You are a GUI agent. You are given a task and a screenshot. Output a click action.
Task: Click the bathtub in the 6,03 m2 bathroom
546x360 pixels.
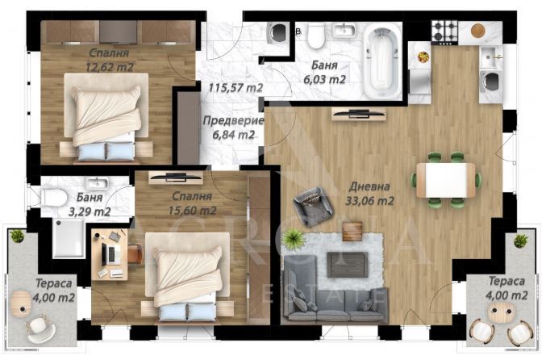coord(381,63)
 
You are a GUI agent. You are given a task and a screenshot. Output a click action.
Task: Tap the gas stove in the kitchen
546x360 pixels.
coord(445,32)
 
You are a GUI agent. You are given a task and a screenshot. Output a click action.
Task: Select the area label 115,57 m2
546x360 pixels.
coord(235,87)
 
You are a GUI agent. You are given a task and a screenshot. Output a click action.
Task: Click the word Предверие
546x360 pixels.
coord(233,121)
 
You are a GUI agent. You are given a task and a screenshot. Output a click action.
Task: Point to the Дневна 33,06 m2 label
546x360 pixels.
coord(369,194)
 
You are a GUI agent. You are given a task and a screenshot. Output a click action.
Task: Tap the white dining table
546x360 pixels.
coord(446,180)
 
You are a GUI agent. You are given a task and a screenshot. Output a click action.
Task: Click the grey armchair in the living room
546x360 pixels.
coord(314,207)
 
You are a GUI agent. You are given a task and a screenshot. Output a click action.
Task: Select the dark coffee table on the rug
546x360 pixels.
coord(348,265)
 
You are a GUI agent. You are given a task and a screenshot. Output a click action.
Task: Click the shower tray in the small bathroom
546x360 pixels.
coord(69,238)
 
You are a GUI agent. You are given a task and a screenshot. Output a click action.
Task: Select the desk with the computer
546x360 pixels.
coord(110,253)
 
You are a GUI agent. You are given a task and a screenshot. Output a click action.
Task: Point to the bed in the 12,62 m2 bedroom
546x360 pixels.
coord(106,118)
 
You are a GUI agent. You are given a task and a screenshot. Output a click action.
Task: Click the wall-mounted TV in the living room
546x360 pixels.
coord(359,115)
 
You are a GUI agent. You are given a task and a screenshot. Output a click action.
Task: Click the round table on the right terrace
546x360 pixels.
coord(500,312)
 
